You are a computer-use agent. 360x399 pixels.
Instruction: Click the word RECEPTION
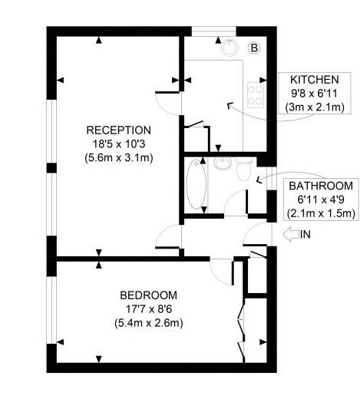click(118, 130)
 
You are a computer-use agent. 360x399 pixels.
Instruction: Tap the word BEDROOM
click(148, 295)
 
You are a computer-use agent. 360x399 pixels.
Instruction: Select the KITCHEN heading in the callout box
click(315, 80)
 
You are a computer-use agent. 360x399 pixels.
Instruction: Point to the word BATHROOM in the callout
click(321, 186)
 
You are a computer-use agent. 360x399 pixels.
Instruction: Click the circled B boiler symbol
click(254, 48)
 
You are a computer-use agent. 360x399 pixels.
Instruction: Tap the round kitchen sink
click(230, 48)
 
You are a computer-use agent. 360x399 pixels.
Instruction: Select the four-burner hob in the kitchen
click(256, 95)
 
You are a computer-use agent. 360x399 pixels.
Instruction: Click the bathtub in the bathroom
click(197, 184)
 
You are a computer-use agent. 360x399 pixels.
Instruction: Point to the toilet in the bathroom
click(243, 169)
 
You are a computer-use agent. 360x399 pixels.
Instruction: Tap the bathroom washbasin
click(223, 163)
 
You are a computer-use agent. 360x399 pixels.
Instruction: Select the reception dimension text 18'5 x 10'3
click(119, 144)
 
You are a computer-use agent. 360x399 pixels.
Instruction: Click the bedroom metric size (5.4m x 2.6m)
click(149, 323)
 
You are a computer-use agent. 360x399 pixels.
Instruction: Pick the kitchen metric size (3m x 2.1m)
click(315, 107)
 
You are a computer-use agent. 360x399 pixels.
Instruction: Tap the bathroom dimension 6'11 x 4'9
click(321, 199)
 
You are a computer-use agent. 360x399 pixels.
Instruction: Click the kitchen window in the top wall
click(213, 31)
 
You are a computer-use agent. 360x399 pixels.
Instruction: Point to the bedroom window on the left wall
click(51, 310)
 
